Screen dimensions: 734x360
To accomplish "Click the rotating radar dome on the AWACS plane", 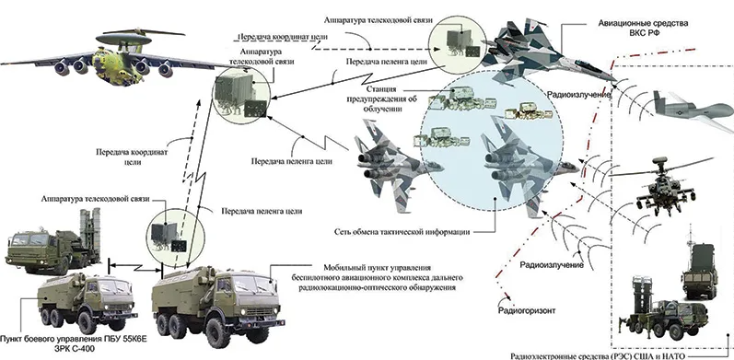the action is tap(124, 39).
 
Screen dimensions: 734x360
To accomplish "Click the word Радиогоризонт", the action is tap(526, 310).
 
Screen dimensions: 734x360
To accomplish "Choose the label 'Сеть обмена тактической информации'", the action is tap(402, 232).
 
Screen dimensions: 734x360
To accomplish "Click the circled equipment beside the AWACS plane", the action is tap(241, 95).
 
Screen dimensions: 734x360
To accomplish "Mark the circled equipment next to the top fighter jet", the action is tap(458, 44).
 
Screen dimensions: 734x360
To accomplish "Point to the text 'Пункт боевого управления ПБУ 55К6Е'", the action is tap(74, 339).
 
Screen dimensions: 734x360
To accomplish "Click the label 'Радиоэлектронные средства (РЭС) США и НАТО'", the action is tap(598, 355).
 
